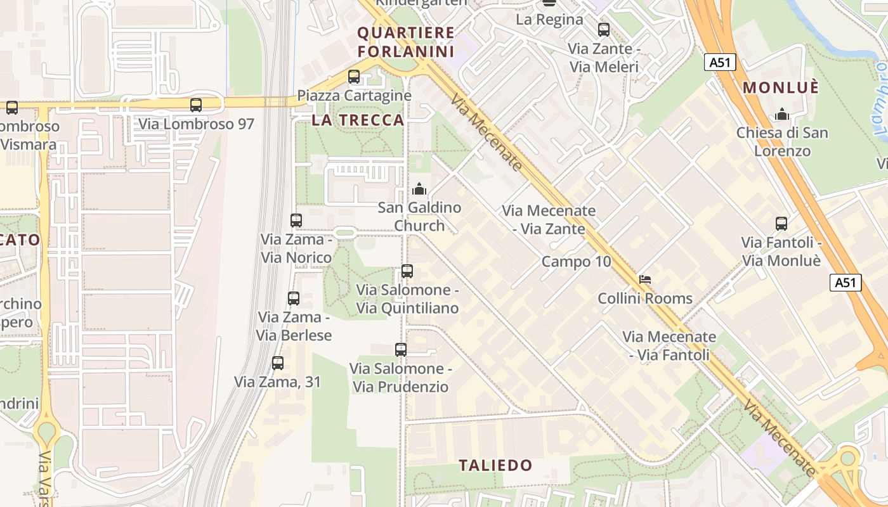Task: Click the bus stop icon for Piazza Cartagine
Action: [354, 77]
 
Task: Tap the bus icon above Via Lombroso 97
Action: [196, 105]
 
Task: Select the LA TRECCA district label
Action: [358, 120]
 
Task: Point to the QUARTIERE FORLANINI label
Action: [406, 42]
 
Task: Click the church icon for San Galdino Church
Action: [419, 189]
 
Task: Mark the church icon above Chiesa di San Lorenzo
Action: [782, 115]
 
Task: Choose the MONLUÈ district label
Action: [781, 87]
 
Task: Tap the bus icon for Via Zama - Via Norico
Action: [296, 221]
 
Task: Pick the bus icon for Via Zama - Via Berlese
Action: [294, 298]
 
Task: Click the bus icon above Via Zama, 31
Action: [278, 363]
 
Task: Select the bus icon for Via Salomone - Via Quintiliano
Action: [407, 271]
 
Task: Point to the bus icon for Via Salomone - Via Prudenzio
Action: [401, 350]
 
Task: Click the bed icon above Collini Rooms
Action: [645, 279]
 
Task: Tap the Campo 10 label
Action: [576, 262]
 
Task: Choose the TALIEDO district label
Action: [495, 465]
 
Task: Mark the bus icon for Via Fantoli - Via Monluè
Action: [781, 224]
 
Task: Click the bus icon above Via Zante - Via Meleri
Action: [604, 30]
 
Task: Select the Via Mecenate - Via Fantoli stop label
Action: [669, 346]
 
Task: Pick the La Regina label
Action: [549, 19]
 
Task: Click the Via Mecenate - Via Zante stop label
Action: [549, 220]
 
